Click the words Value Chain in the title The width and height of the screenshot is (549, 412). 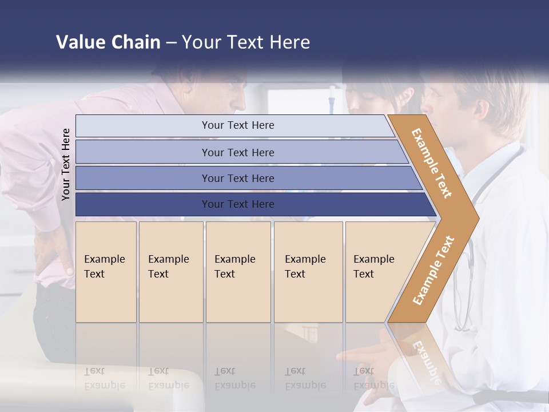[x=108, y=42]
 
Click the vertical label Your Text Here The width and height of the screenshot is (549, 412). [x=66, y=164]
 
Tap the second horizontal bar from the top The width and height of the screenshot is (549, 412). [x=237, y=152]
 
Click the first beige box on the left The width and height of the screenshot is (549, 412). [x=106, y=272]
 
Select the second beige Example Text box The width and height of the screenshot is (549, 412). [x=170, y=272]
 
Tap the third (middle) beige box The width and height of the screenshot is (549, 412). [x=238, y=272]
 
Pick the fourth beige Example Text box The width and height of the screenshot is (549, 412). [x=308, y=272]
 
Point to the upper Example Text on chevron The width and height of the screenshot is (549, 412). [x=432, y=163]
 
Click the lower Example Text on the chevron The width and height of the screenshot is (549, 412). [x=433, y=270]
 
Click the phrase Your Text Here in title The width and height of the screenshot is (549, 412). [x=246, y=42]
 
